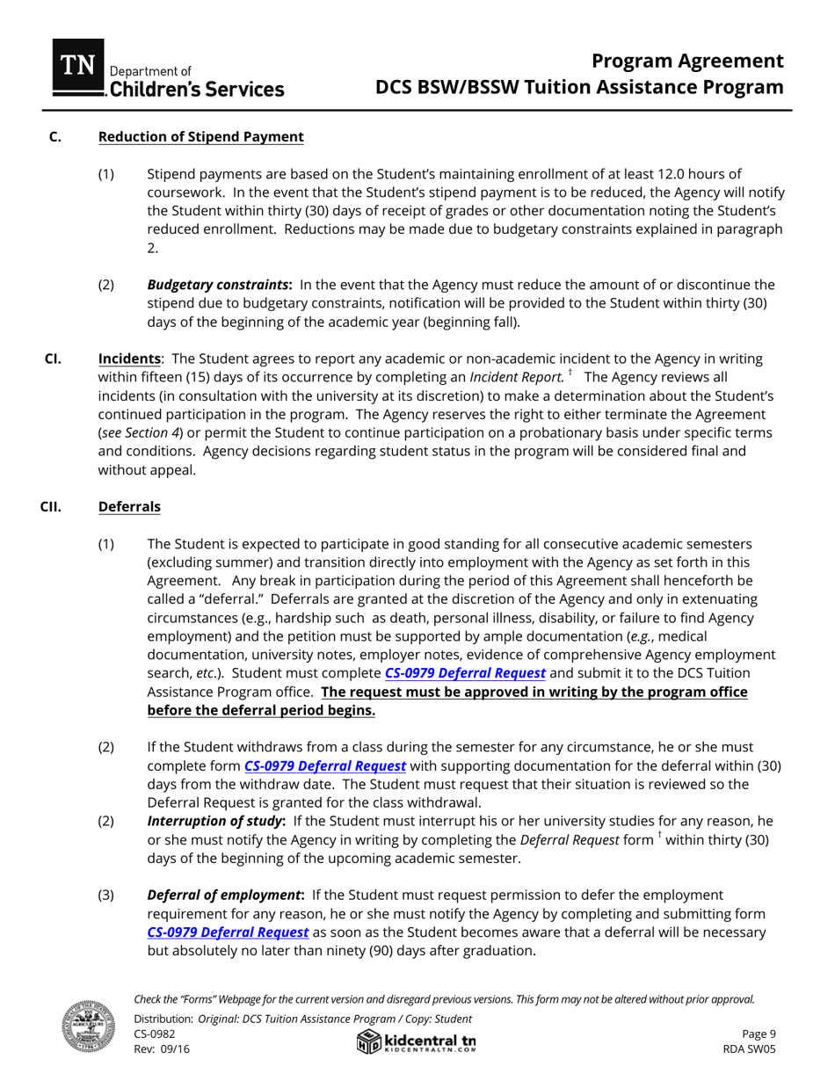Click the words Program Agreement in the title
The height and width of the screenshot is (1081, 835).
pos(686,61)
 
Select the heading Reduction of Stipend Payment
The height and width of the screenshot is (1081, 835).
pos(200,136)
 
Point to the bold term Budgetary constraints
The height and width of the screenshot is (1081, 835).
pos(219,284)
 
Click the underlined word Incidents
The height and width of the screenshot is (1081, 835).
pos(129,359)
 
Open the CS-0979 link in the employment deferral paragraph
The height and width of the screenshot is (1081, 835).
pos(228,932)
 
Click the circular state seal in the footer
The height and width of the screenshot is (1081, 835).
pos(83,1027)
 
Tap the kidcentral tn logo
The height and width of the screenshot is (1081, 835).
pos(417,1042)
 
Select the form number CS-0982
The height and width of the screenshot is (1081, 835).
pos(155,1034)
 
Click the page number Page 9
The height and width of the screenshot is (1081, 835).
pos(759,1034)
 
